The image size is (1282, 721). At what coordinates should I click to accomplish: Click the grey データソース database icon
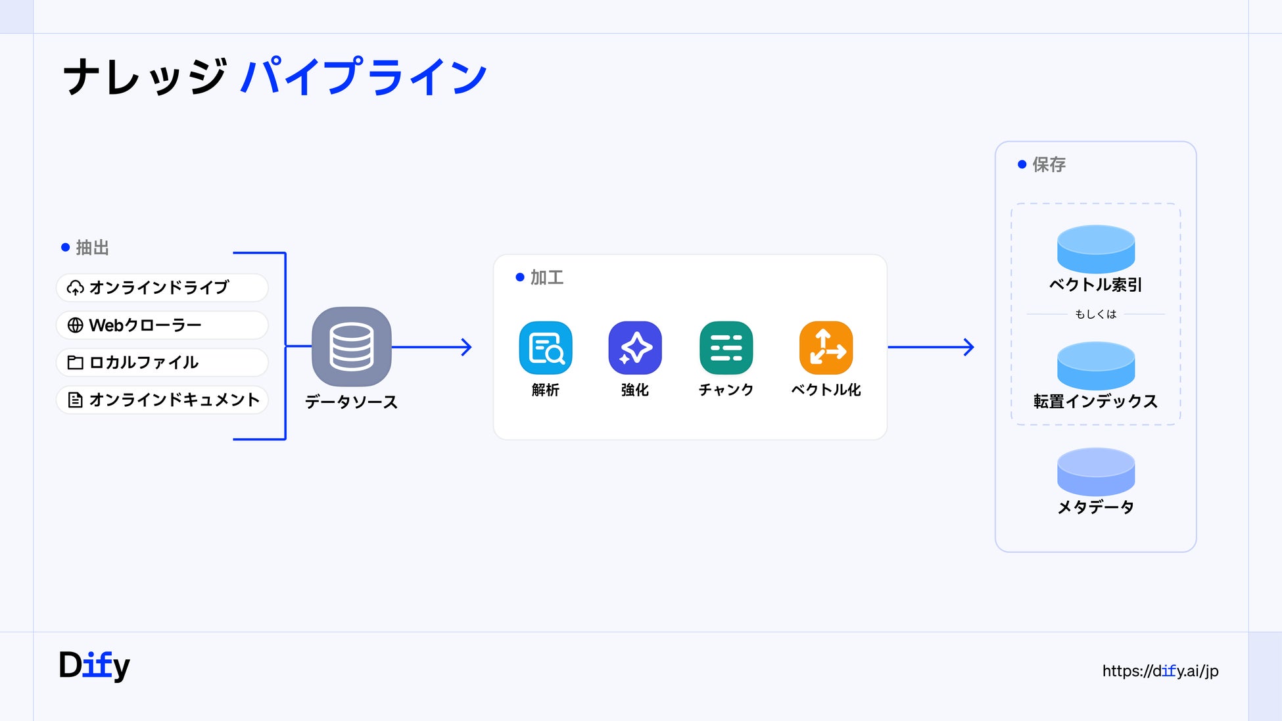[352, 346]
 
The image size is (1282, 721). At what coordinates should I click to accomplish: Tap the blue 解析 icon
[546, 348]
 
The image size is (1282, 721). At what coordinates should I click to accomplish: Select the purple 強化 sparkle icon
[635, 348]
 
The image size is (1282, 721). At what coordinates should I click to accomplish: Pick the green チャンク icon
[726, 348]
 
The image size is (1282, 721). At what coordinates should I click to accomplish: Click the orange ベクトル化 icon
[826, 348]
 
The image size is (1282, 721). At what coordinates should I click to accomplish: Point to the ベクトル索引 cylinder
[1096, 249]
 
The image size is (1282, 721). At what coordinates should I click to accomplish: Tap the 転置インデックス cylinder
[1096, 365]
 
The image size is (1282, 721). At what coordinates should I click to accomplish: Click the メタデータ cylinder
[1096, 472]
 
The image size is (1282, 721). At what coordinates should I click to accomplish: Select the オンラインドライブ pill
[162, 288]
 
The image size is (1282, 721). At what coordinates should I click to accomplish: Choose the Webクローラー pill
[162, 325]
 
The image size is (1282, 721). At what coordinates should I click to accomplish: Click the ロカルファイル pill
[162, 362]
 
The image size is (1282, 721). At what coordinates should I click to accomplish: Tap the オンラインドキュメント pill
[162, 400]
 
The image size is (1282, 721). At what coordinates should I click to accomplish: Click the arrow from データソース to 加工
[432, 347]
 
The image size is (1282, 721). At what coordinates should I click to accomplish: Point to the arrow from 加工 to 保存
[931, 347]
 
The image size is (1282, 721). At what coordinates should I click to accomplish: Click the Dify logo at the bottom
[94, 666]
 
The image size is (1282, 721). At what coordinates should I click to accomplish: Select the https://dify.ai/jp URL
[1160, 671]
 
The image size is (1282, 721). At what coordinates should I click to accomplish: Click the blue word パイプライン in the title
[364, 77]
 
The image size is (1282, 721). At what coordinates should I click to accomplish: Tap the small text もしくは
[1096, 314]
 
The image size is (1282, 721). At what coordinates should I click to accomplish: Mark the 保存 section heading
[1049, 164]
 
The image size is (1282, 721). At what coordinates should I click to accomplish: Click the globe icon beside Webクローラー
[76, 325]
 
